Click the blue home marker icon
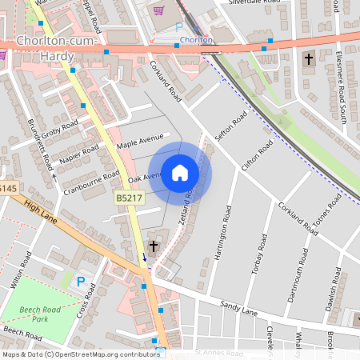tap(180, 173)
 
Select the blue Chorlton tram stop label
tap(196, 39)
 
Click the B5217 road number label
tap(128, 196)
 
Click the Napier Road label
tap(78, 156)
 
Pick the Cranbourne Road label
tap(90, 182)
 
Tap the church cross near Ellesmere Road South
tap(309, 59)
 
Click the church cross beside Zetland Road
tap(153, 246)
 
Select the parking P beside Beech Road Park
tap(80, 281)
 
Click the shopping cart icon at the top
tap(158, 11)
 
